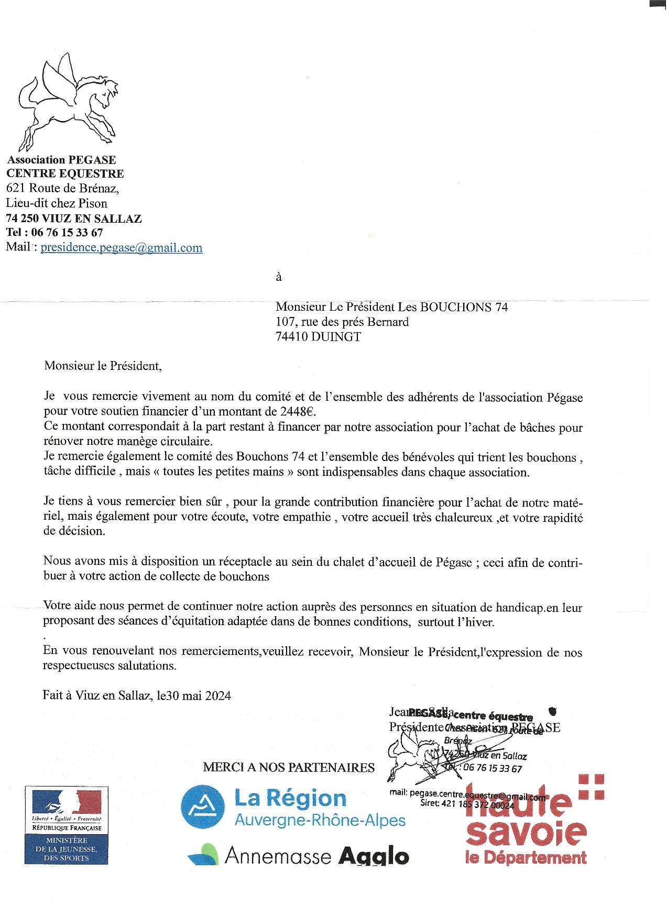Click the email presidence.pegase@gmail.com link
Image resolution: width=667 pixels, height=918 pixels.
click(x=121, y=248)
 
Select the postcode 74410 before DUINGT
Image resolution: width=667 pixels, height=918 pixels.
click(x=292, y=337)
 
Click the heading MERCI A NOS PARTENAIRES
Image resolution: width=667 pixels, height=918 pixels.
click(x=289, y=768)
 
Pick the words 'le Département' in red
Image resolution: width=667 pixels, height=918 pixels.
click(x=526, y=858)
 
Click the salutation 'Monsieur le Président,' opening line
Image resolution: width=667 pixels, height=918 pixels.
click(x=103, y=366)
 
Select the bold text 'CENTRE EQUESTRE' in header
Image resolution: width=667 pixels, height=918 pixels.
click(x=65, y=173)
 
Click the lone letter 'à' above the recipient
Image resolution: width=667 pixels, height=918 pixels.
click(x=279, y=277)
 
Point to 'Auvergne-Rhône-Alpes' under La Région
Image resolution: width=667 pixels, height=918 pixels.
click(x=320, y=821)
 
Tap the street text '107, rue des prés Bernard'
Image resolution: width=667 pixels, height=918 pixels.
click(x=342, y=322)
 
